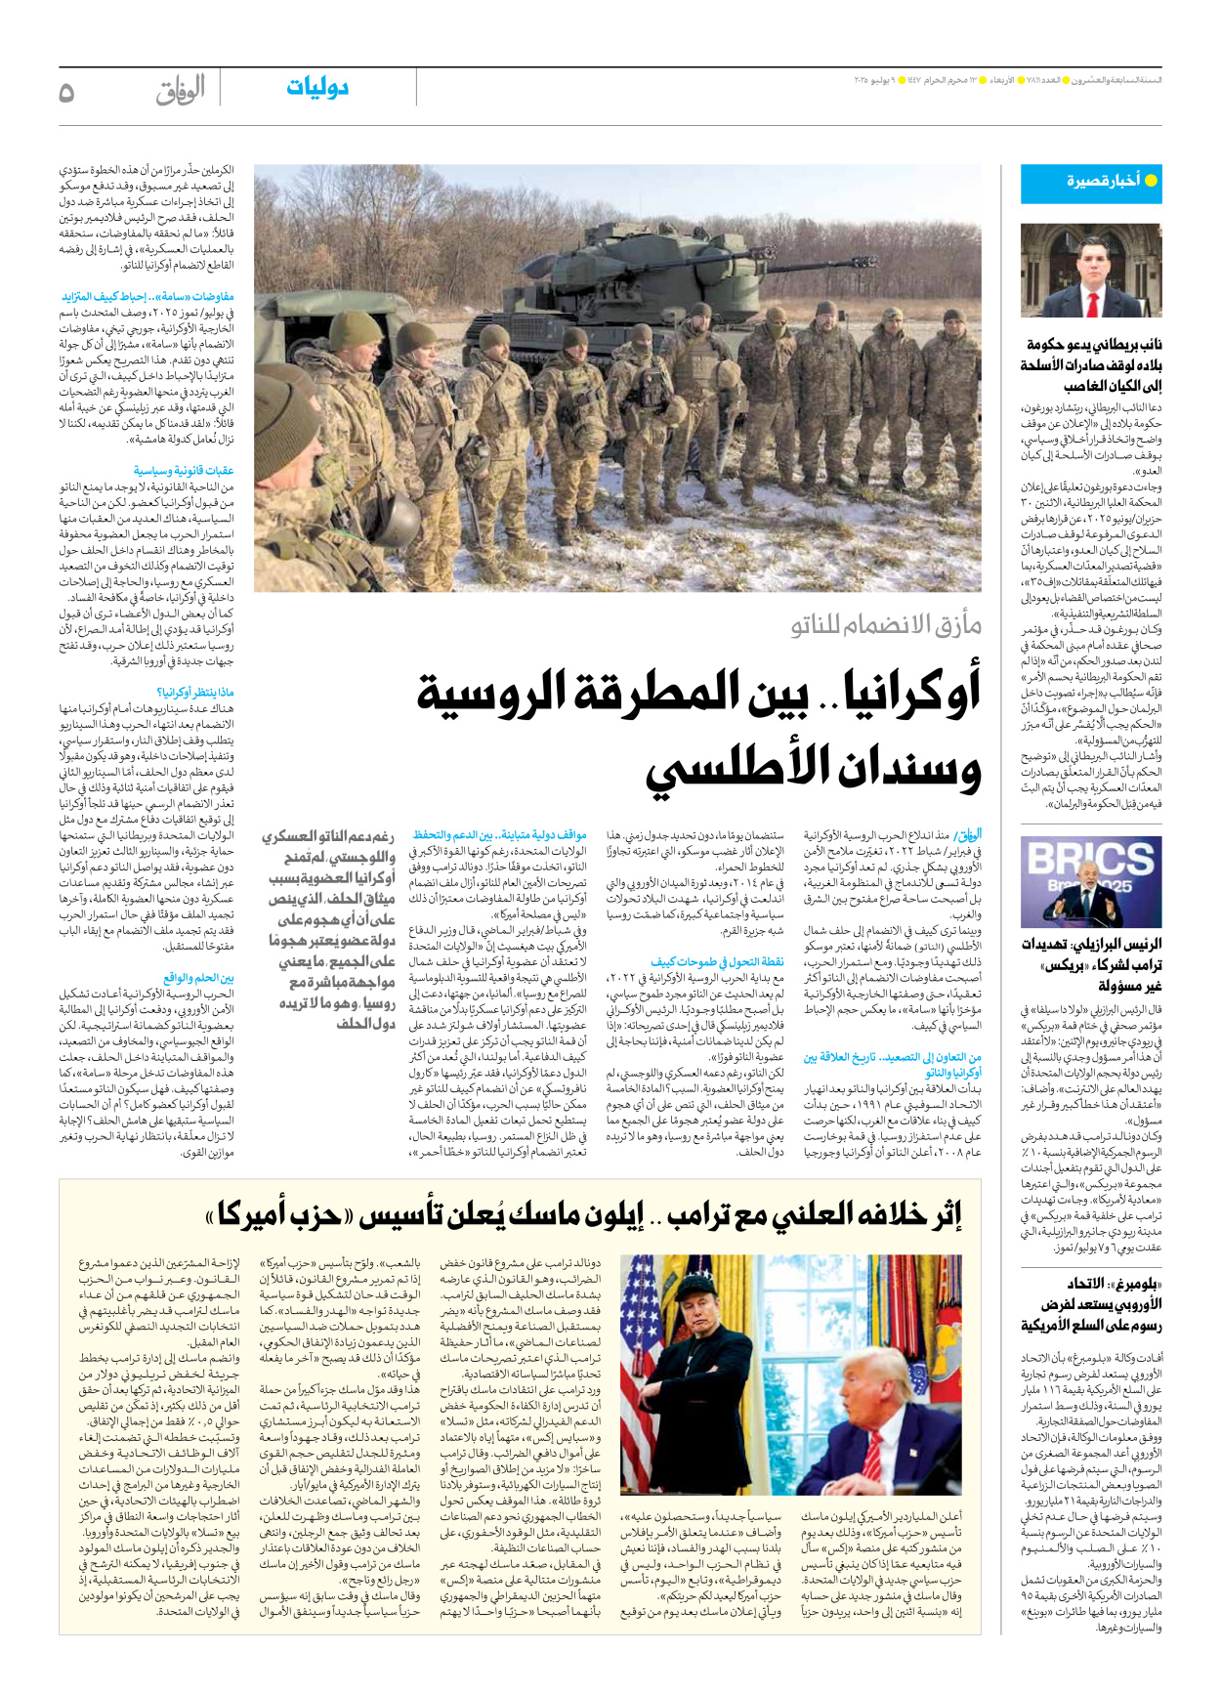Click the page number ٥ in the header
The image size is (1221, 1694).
point(66,93)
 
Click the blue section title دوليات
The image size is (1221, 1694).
point(317,88)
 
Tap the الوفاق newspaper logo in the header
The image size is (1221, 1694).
point(181,91)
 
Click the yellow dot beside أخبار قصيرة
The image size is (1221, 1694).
point(1151,181)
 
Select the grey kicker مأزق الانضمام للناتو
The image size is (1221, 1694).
point(886,624)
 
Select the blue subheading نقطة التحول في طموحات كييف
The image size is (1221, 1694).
point(718,962)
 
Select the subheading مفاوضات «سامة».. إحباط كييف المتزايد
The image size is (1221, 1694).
point(148,297)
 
